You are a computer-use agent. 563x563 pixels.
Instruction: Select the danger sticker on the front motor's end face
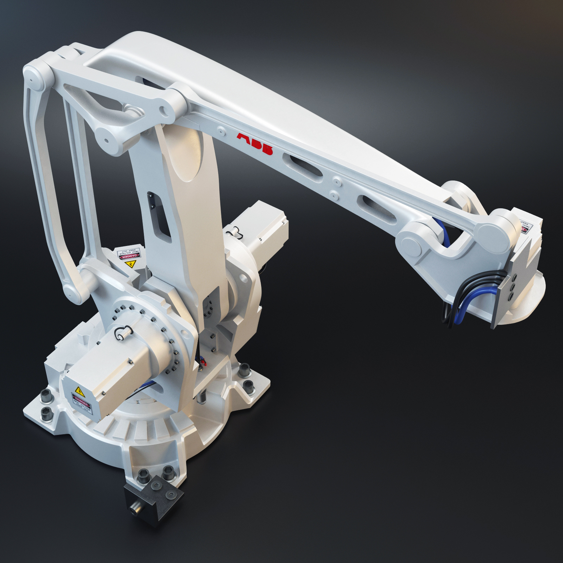[83, 404]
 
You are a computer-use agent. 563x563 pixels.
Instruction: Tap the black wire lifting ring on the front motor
[122, 333]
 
